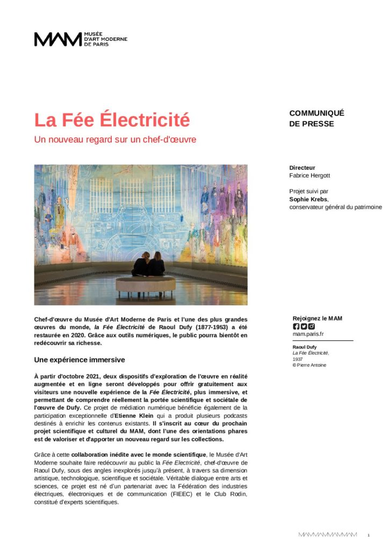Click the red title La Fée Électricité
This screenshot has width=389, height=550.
[x=112, y=120]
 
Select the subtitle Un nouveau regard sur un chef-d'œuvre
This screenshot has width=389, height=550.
[x=115, y=140]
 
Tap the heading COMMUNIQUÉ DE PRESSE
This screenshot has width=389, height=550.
[x=316, y=118]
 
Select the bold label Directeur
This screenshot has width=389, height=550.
[x=302, y=168]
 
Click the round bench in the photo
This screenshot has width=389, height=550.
[x=145, y=284]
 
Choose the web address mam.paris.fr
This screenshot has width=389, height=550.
[x=308, y=334]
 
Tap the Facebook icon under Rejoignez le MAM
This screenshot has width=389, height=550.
[x=296, y=326]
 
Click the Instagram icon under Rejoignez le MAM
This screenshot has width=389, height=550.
[x=311, y=326]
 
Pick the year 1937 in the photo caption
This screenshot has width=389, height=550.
[x=298, y=359]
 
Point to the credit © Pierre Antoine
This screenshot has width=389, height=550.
[x=309, y=365]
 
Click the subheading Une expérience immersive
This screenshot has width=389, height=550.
[x=80, y=359]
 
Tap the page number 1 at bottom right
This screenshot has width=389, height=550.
[x=369, y=535]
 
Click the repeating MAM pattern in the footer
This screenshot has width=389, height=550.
[x=328, y=535]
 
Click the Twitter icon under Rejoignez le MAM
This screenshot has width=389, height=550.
[x=304, y=326]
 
